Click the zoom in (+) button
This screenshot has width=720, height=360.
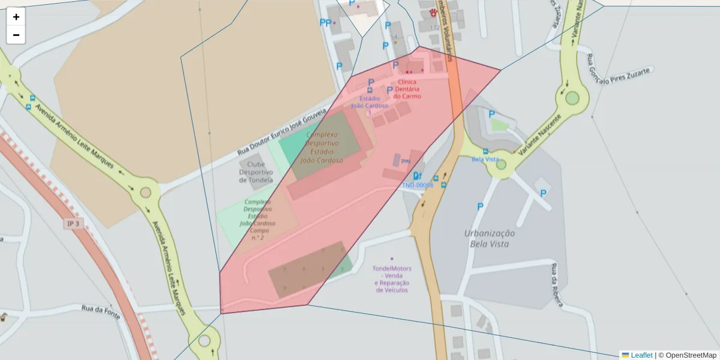coord(16,17)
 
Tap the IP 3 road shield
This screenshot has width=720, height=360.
coord(73,223)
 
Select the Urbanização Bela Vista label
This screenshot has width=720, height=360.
coord(490,238)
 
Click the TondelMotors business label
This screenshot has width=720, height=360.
coord(392,279)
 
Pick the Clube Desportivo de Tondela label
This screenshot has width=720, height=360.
coord(256,172)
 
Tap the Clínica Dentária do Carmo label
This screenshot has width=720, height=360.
coord(407,89)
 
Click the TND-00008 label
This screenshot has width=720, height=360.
coord(418,185)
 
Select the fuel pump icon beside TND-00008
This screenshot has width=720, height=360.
coord(418,176)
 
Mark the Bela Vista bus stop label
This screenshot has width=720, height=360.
coord(485,159)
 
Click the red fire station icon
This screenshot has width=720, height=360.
coord(433,12)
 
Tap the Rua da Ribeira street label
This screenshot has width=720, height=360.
coord(556,285)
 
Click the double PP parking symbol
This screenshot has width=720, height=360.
coord(325,23)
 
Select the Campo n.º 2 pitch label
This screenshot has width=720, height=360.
coord(258,220)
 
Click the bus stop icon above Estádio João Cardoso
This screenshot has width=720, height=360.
coord(370,91)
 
